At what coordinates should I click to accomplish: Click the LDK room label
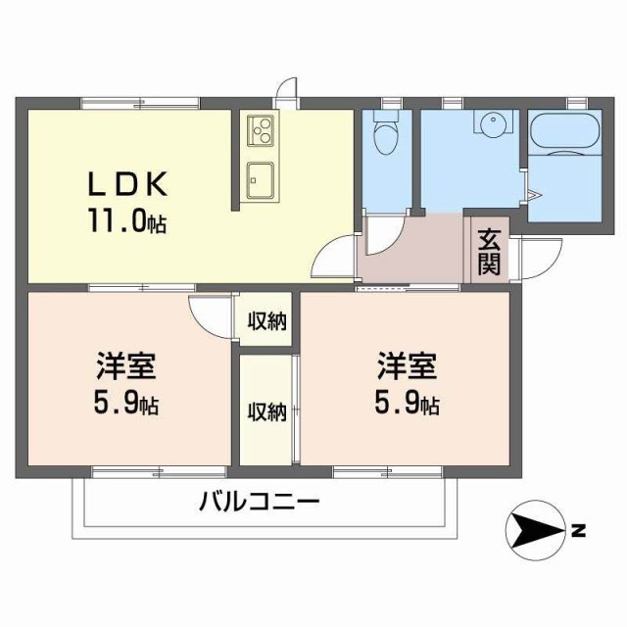pyautogui.click(x=130, y=183)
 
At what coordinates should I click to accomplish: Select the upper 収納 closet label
pyautogui.click(x=265, y=321)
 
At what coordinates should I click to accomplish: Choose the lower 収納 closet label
pyautogui.click(x=265, y=411)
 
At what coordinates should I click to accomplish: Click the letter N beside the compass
pyautogui.click(x=578, y=533)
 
